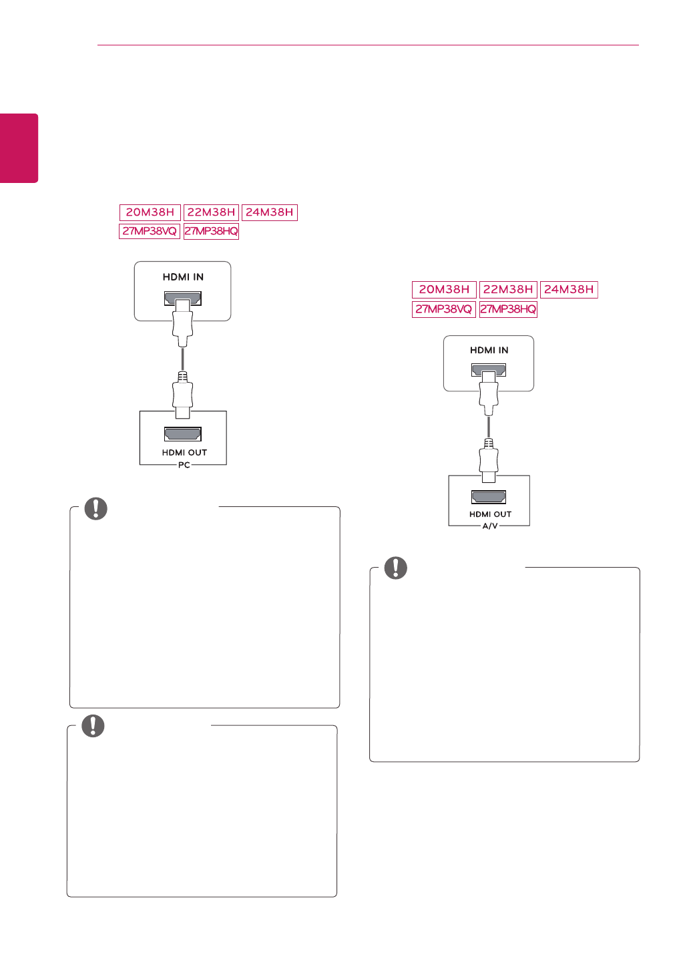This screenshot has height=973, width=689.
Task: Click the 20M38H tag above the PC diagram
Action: coord(150,212)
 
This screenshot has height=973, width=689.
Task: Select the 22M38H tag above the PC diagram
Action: coord(211,212)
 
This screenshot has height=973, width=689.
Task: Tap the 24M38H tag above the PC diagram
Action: coord(269,212)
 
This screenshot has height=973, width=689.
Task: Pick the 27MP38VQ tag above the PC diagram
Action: coord(150,231)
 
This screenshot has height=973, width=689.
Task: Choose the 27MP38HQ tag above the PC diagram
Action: coord(211,231)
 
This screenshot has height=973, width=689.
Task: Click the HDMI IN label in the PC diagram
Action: coord(183,277)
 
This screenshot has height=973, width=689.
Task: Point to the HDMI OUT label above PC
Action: coord(184,453)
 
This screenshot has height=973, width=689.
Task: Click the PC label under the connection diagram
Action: coord(184,465)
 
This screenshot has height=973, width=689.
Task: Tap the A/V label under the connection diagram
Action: coord(490,526)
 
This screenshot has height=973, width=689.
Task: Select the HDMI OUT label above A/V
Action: coord(490,514)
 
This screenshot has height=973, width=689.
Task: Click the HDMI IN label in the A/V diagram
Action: coord(489,350)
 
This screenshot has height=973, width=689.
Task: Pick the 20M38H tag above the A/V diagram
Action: coord(444,290)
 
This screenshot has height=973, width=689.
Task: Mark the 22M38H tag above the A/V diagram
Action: coord(508,290)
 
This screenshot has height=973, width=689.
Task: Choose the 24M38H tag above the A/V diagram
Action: coord(569,290)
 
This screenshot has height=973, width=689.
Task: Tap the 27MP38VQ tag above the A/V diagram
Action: coord(443,309)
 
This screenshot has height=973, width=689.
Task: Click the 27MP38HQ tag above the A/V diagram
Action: coord(508,309)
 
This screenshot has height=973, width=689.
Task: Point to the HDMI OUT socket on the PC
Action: coord(183,434)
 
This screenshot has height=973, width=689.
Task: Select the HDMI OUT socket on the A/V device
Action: coord(489,497)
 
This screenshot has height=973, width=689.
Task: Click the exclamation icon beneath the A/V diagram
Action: coord(395,568)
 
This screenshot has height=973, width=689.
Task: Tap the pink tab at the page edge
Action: coord(19,148)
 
